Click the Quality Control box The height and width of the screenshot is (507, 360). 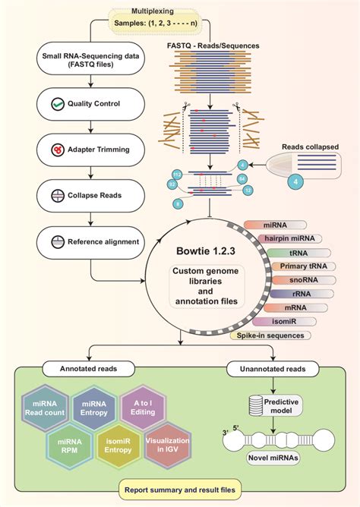[x=91, y=103]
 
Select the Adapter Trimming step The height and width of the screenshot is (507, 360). [x=91, y=150]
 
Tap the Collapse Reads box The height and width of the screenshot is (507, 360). [x=91, y=196]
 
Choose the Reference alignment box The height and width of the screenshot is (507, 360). [x=91, y=242]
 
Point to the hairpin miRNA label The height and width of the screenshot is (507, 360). [x=283, y=238]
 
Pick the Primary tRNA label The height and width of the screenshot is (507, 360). [x=292, y=266]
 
